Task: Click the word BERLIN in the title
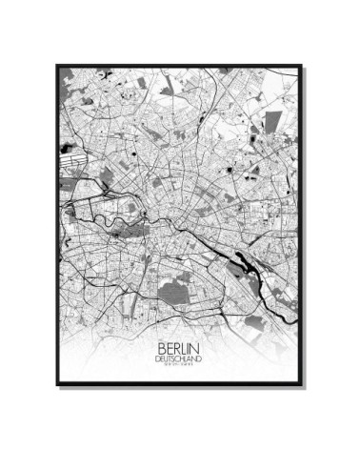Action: point(180,347)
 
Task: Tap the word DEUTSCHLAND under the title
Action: point(180,358)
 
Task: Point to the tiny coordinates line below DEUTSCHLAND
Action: point(180,366)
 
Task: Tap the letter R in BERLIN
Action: point(175,347)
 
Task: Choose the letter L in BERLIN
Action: point(185,347)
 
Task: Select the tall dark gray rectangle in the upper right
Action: point(273,122)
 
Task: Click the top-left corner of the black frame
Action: point(56,65)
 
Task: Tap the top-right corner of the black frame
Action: point(302,65)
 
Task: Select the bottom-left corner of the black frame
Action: point(56,384)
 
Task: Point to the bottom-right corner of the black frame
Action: point(302,384)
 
